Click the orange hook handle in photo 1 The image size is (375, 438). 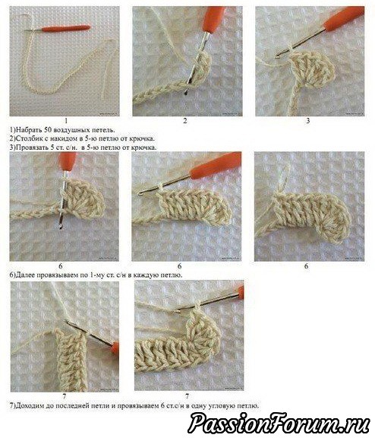66,28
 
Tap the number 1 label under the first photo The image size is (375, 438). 66,121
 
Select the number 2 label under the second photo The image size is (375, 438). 185,121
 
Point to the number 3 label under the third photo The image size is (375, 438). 308,121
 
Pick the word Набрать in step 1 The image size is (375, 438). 29,130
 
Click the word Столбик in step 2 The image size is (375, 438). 28,138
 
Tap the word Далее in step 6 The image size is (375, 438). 24,275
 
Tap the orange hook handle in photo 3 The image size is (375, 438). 344,19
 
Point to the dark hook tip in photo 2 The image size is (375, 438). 185,93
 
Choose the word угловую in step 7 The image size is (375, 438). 222,405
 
